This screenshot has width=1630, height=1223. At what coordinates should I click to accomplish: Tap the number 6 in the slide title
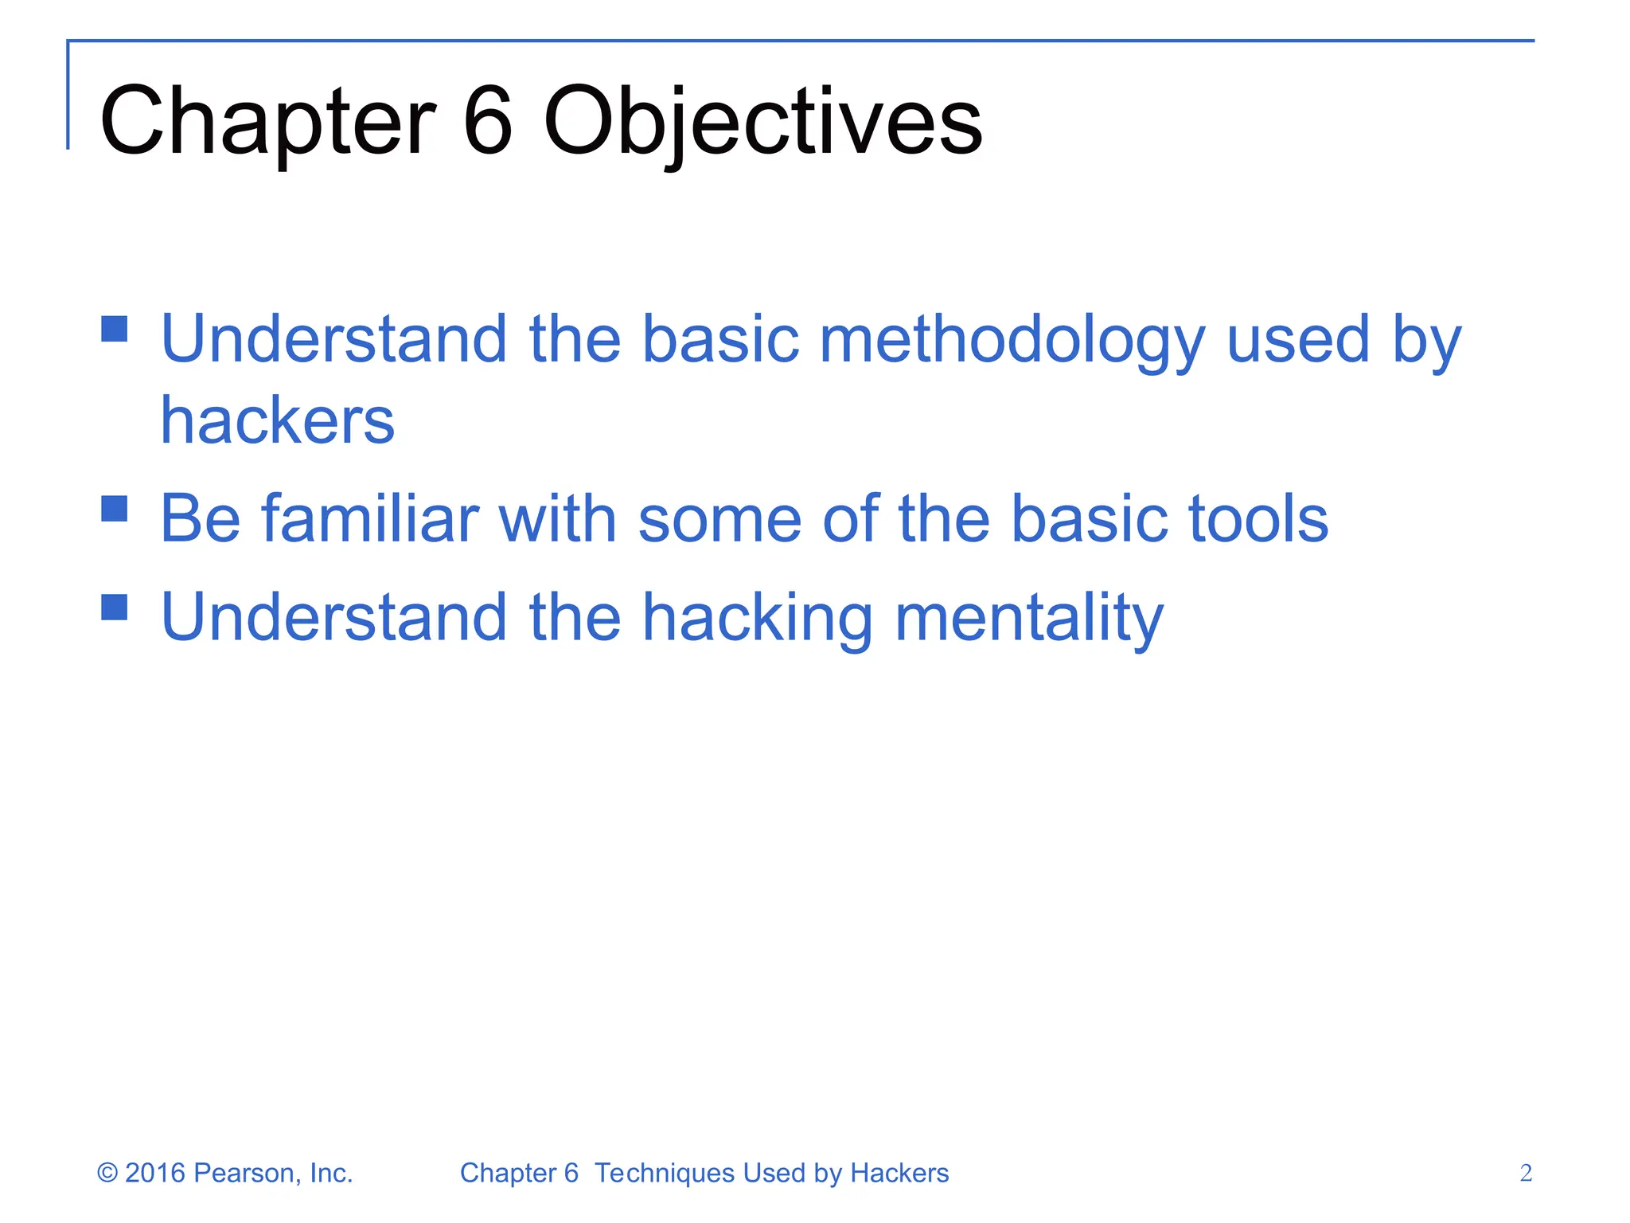pyautogui.click(x=487, y=121)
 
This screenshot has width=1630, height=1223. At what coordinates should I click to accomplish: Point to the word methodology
pyautogui.click(x=1012, y=341)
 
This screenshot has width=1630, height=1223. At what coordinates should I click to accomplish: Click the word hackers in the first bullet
pyautogui.click(x=277, y=420)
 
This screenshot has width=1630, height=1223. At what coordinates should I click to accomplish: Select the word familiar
pyautogui.click(x=370, y=519)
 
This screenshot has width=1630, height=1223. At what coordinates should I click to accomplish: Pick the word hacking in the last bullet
pyautogui.click(x=756, y=618)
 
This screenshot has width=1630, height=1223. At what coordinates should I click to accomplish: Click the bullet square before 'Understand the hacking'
pyautogui.click(x=115, y=607)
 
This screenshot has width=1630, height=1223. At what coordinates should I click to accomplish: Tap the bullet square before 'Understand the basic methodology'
pyautogui.click(x=115, y=328)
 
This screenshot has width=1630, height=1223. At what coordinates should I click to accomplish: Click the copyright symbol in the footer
pyautogui.click(x=107, y=1173)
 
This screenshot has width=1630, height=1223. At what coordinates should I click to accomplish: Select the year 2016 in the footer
pyautogui.click(x=155, y=1173)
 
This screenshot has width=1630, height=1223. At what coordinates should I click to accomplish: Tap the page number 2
pyautogui.click(x=1525, y=1173)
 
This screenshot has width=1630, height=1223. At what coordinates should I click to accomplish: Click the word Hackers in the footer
pyautogui.click(x=899, y=1173)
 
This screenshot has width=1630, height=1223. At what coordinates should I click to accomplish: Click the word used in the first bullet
pyautogui.click(x=1298, y=341)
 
